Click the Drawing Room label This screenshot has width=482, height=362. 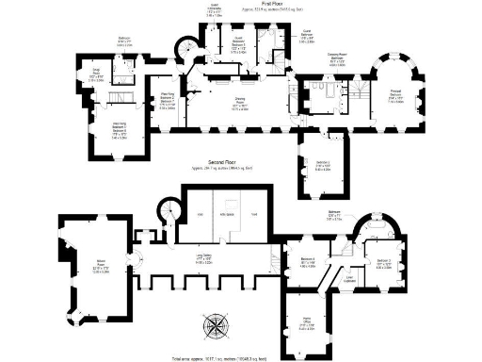(241, 107)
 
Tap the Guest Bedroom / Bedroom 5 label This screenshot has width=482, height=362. (240, 47)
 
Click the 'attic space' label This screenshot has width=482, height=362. (228, 218)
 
